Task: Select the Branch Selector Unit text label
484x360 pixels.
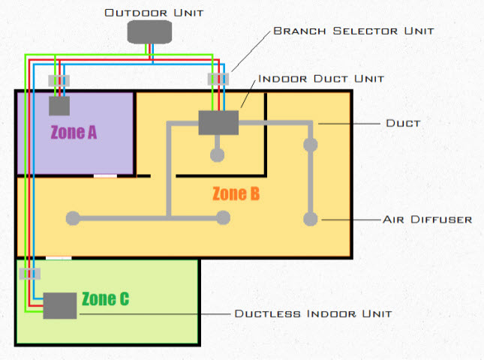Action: point(353,31)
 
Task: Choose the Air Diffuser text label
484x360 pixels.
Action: point(427,220)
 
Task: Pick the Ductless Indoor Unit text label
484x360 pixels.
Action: point(313,313)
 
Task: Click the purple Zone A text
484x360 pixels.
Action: point(74,133)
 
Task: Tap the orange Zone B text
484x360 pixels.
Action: point(236,193)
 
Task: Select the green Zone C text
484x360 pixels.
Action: point(105,298)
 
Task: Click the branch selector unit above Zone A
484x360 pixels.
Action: point(59,79)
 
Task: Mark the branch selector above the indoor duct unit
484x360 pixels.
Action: point(218,79)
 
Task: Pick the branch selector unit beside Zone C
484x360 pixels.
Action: point(30,274)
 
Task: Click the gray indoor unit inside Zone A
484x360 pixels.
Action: point(59,106)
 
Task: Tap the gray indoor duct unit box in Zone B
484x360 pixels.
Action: point(218,122)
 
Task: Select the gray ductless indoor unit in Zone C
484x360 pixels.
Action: point(60,305)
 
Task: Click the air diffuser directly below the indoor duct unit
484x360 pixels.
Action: point(217,155)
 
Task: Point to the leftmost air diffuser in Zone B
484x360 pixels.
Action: point(73,218)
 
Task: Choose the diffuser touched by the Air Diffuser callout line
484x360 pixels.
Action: point(309,219)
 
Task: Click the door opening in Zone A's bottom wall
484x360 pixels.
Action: point(105,176)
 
